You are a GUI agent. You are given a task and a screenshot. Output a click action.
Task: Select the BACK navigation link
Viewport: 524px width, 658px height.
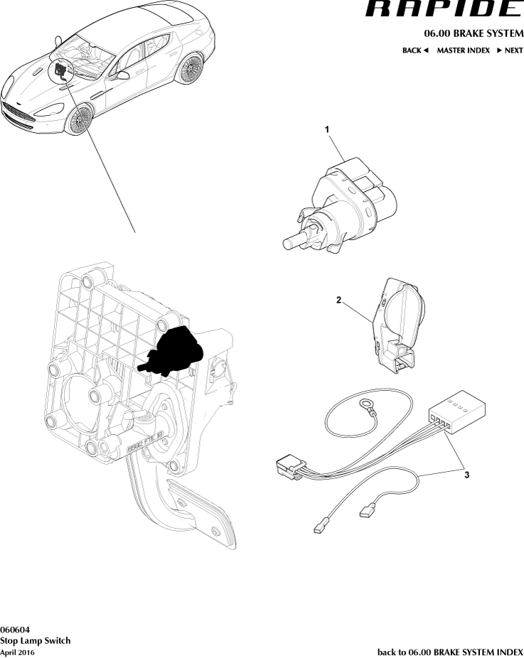(x=415, y=50)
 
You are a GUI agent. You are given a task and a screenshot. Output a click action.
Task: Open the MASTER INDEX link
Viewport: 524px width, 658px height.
(x=463, y=50)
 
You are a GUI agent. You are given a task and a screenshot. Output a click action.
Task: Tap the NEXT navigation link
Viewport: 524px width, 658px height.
(x=510, y=50)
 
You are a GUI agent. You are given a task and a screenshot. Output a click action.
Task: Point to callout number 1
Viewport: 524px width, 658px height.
(x=327, y=129)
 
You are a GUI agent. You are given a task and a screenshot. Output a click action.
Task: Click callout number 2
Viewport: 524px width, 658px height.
(x=338, y=300)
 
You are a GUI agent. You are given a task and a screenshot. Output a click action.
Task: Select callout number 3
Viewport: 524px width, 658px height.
(x=467, y=475)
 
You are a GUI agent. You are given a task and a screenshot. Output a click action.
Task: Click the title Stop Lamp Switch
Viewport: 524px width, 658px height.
(x=36, y=641)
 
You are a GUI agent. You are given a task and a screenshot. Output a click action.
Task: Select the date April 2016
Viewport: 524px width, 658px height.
(x=17, y=652)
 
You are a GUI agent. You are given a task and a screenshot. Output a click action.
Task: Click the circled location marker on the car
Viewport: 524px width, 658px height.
(x=61, y=70)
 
